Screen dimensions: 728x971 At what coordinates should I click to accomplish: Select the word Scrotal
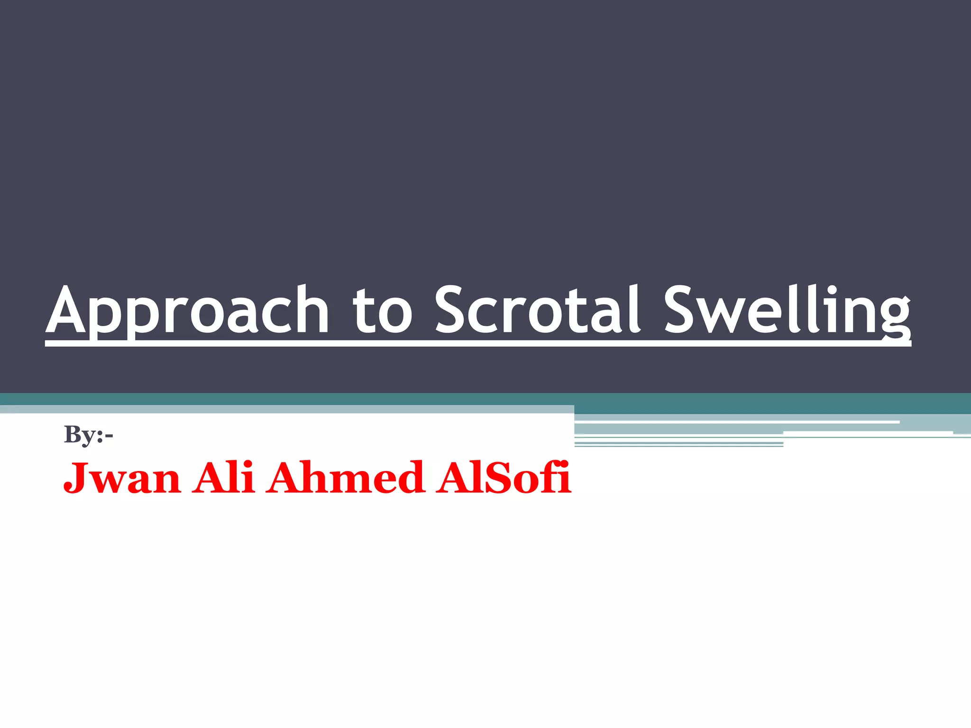[538, 310]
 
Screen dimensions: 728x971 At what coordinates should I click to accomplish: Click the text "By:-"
[88, 434]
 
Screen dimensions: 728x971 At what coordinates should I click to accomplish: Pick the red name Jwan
[122, 478]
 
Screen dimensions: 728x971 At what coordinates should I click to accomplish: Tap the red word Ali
[223, 478]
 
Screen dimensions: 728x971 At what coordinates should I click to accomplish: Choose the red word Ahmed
[345, 478]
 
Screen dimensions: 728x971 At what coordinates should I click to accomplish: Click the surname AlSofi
[504, 478]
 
